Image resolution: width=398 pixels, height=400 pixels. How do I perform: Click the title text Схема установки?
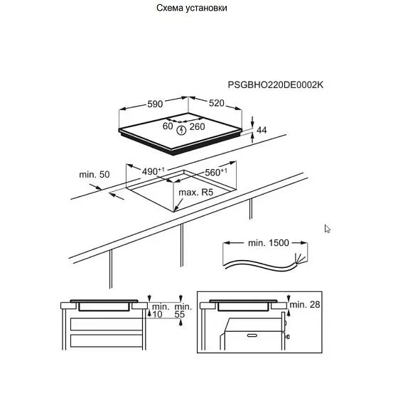click(192, 8)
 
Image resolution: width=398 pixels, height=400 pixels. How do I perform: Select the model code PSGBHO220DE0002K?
click(276, 85)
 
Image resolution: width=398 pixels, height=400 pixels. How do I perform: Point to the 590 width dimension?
click(155, 104)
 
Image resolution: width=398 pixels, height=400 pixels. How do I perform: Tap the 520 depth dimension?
click(217, 103)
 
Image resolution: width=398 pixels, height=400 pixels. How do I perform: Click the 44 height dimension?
click(262, 130)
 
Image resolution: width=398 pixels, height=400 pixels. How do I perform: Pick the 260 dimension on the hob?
click(197, 126)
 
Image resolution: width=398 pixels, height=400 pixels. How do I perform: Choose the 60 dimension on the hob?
click(168, 126)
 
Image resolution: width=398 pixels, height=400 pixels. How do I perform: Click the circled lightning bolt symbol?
click(181, 130)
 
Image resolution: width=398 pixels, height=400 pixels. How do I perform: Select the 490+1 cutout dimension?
click(153, 171)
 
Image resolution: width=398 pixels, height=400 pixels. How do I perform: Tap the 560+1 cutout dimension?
click(216, 172)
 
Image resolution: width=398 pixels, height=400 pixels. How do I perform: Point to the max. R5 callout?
click(196, 192)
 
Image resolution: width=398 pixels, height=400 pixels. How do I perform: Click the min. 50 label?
click(95, 175)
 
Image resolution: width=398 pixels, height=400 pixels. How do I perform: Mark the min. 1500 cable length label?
click(269, 242)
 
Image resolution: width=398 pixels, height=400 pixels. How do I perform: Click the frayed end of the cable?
click(300, 258)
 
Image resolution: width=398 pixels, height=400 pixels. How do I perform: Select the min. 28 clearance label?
click(305, 304)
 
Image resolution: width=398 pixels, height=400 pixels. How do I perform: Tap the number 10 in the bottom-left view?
click(157, 315)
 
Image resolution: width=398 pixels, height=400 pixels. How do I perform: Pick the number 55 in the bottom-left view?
click(180, 315)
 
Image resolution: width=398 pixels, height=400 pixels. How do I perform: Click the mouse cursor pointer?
click(328, 229)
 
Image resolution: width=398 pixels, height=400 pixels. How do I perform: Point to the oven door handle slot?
click(252, 335)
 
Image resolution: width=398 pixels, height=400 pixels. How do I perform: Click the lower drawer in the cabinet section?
click(107, 340)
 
